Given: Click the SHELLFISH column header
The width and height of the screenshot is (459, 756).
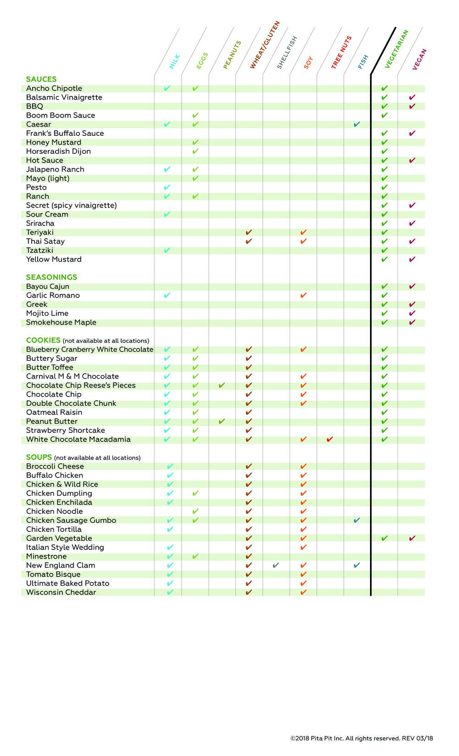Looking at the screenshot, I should coord(287,53).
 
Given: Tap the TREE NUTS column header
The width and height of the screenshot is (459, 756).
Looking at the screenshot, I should coord(341,53).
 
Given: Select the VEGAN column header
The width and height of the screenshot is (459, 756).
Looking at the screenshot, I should coord(420,59).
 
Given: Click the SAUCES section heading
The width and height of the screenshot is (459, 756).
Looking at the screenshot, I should coord(41,79).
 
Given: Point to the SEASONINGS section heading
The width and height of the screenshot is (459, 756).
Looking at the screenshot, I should coord(51,277).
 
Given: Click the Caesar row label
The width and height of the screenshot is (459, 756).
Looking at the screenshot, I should coord(39,124).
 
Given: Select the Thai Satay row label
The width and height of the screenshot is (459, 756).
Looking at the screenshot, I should coord(45,241).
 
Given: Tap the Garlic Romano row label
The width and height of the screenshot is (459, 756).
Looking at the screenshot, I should coord(53,296).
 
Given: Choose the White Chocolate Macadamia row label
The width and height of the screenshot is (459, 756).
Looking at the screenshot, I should coord(78,440).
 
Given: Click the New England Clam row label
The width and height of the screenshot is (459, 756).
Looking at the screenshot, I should coord(61,566).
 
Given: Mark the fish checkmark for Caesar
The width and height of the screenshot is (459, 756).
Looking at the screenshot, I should coord(357,124).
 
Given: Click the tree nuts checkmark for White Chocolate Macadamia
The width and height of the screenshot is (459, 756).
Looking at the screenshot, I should coord(330,440).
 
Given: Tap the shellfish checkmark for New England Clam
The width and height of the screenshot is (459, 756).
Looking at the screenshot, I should coord(275,566).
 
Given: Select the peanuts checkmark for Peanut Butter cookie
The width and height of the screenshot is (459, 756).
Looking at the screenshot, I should coord(222,421).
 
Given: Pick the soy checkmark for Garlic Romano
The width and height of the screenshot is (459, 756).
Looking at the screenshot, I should coord(303,296).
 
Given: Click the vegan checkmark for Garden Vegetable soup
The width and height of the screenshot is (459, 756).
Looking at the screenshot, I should coord(412,538).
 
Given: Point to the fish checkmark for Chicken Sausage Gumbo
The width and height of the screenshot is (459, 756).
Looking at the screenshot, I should coord(357,521).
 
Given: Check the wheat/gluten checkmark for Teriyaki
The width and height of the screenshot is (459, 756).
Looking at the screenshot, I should coord(249,233).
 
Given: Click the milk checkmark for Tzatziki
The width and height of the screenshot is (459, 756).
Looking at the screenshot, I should coord(167,251).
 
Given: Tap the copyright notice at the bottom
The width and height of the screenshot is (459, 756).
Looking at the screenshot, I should coord(361,739).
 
